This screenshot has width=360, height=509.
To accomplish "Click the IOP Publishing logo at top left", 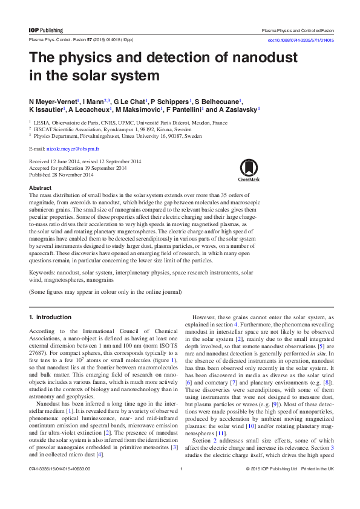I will pos(45,30).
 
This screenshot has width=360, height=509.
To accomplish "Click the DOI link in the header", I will pos(301,41).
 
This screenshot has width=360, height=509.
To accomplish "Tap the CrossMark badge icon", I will pos(249,170).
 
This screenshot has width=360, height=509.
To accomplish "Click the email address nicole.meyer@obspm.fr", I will pos(64,148).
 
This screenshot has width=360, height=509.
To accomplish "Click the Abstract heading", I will pos(40,188).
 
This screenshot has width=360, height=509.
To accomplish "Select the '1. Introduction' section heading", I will pos(50,317).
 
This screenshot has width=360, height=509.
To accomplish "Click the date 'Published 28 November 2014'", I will pos(61,175).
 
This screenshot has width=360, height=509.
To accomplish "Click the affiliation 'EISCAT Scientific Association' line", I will pos(108,129).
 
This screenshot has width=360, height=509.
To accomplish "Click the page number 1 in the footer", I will pos(181,485).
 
